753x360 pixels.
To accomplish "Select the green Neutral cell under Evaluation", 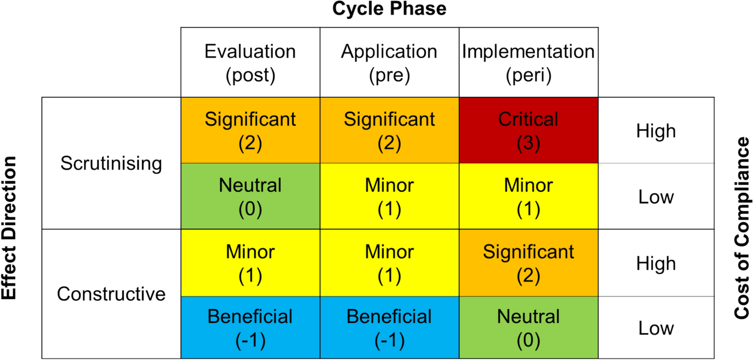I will click(x=250, y=197).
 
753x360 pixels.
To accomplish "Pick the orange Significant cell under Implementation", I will click(x=528, y=263).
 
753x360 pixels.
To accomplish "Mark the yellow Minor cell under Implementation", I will click(x=528, y=197).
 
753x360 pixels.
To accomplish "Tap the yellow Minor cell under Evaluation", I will click(x=250, y=263).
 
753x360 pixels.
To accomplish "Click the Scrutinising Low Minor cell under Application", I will click(x=389, y=197).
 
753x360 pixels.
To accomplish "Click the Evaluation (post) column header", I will click(x=250, y=63).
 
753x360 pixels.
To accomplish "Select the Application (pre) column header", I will click(x=389, y=63).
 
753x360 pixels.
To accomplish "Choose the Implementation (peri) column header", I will click(x=528, y=63).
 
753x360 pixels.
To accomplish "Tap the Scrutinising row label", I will click(x=111, y=164).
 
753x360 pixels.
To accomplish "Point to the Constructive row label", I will click(x=111, y=294).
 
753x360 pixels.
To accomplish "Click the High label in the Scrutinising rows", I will click(x=656, y=131).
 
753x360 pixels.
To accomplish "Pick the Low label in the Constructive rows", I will click(x=656, y=328).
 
